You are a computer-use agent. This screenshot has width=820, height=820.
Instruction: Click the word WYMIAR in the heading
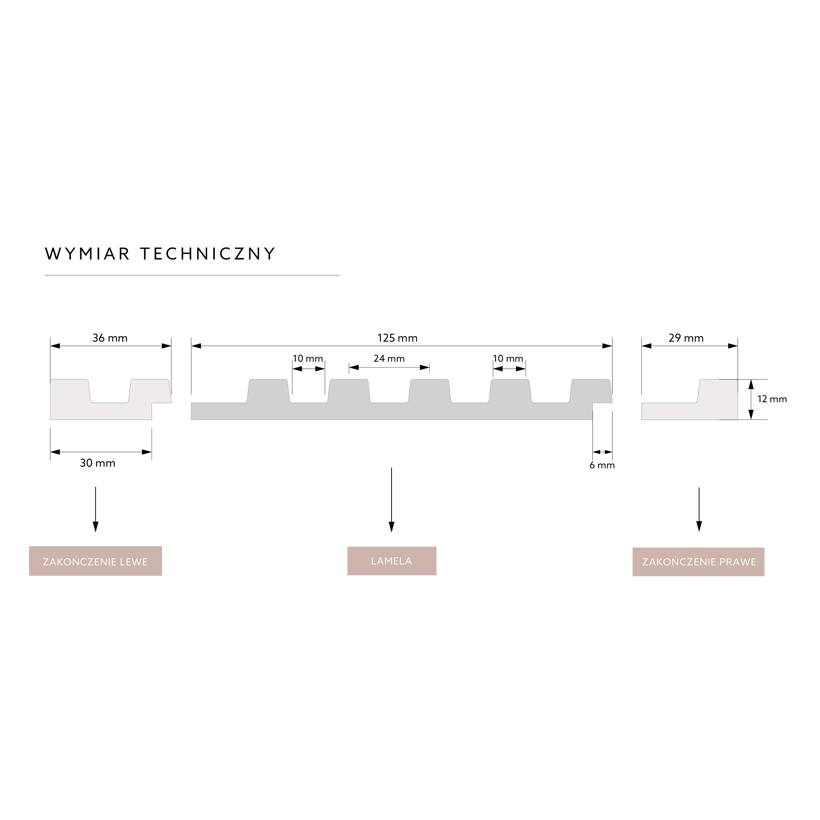tap(87, 254)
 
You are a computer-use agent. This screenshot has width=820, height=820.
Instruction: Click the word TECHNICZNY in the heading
tap(208, 254)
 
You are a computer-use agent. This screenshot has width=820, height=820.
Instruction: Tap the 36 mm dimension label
tap(110, 338)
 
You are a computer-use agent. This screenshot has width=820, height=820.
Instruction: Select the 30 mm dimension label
tap(98, 463)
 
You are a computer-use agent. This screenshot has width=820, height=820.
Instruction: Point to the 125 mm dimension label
tap(397, 338)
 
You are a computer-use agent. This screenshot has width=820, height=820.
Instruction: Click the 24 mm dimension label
tap(389, 359)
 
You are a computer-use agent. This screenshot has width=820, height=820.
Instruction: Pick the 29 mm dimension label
tap(686, 338)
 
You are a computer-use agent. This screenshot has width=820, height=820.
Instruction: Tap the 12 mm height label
tap(772, 399)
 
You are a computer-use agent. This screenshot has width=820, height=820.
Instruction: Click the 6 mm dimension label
tap(602, 465)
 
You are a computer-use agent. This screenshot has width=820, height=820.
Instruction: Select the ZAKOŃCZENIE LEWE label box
tap(96, 561)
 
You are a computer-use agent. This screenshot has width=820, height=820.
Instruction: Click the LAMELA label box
tap(392, 561)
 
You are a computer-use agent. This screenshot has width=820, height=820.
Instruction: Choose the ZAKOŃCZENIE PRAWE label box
tap(698, 562)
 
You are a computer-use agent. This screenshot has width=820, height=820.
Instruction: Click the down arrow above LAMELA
tap(391, 500)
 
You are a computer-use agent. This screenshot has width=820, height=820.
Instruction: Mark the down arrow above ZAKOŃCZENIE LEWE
tap(96, 509)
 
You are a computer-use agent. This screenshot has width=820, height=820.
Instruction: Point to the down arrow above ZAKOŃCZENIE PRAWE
tap(699, 509)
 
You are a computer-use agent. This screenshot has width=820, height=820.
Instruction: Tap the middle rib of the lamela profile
tap(429, 391)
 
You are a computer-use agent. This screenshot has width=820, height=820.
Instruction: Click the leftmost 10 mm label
tap(308, 359)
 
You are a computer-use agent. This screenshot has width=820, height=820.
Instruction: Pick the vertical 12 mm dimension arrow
tap(751, 399)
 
